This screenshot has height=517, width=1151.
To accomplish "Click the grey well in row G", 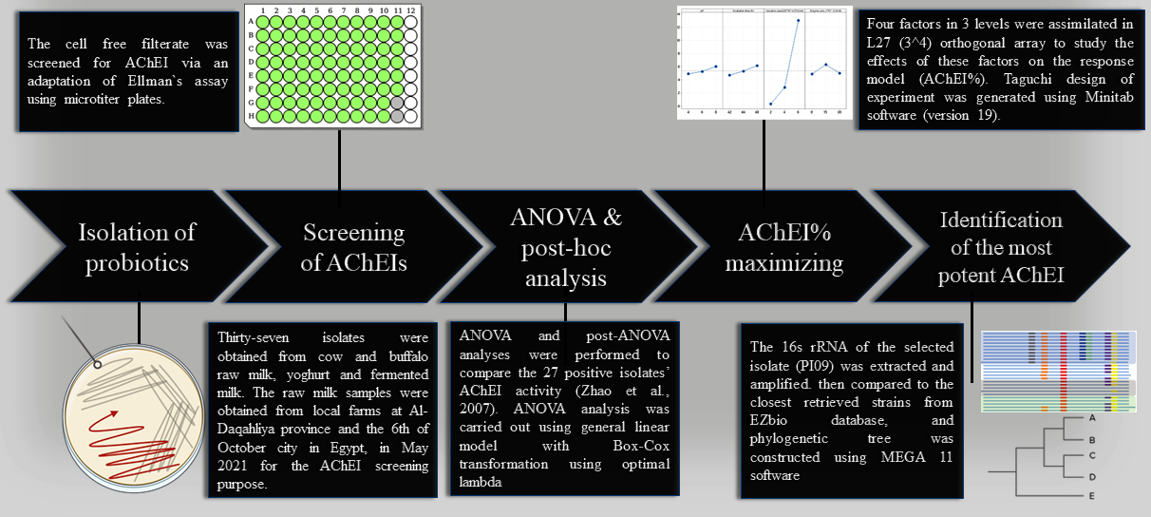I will (x=397, y=102).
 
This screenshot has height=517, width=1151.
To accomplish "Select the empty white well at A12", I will (x=410, y=21).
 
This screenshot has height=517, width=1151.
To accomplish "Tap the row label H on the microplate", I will (x=251, y=116).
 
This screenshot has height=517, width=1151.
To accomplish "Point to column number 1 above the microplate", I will (x=263, y=10).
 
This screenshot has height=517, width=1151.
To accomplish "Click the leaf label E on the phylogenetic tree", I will (x=1092, y=496).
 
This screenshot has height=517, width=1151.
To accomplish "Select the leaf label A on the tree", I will (x=1092, y=417).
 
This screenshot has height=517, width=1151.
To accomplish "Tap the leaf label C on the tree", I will (x=1092, y=456).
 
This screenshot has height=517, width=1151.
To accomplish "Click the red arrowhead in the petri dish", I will (x=117, y=413).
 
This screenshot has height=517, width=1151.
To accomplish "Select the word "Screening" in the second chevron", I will (x=353, y=233).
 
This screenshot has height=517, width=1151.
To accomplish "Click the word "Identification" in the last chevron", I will (x=1001, y=220).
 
